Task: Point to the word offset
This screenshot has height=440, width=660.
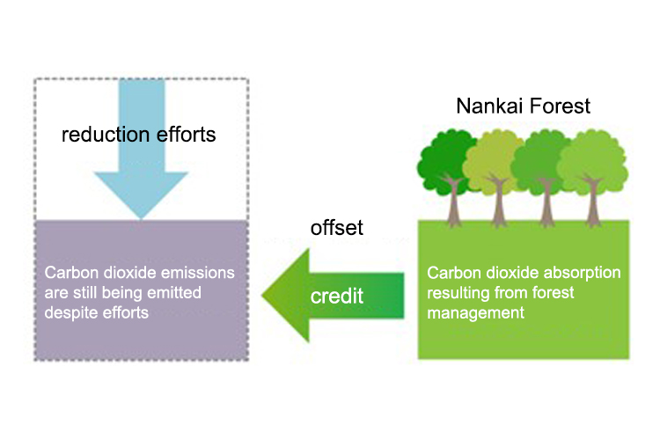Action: click(x=336, y=229)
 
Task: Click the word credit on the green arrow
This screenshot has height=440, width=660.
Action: click(x=337, y=296)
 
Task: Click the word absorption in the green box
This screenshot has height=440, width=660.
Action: click(x=581, y=273)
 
